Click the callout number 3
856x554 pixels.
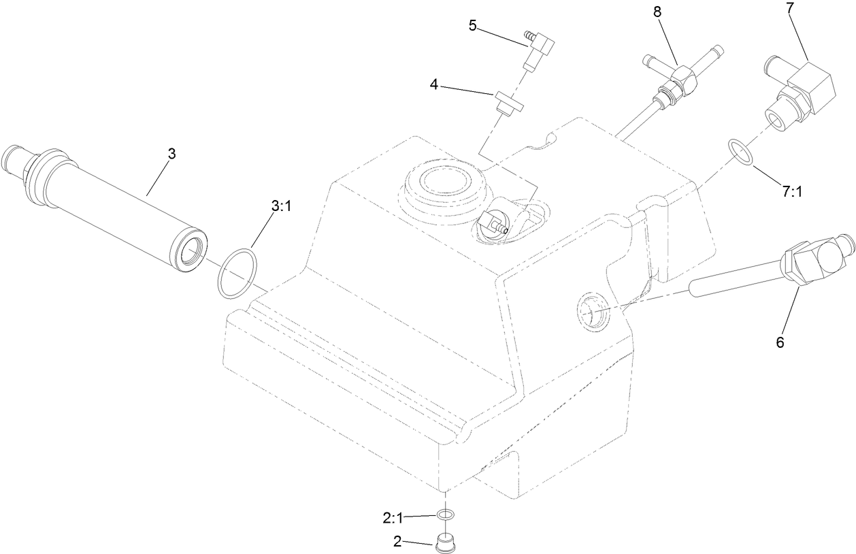click(x=171, y=154)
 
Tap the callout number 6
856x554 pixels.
click(x=780, y=342)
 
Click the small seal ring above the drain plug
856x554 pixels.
click(x=446, y=515)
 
